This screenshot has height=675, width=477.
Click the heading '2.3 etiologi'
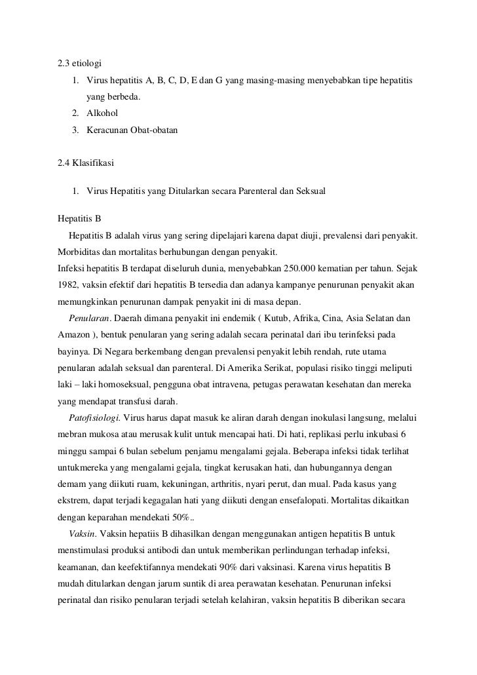coord(79,64)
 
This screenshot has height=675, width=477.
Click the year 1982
coord(69,286)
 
